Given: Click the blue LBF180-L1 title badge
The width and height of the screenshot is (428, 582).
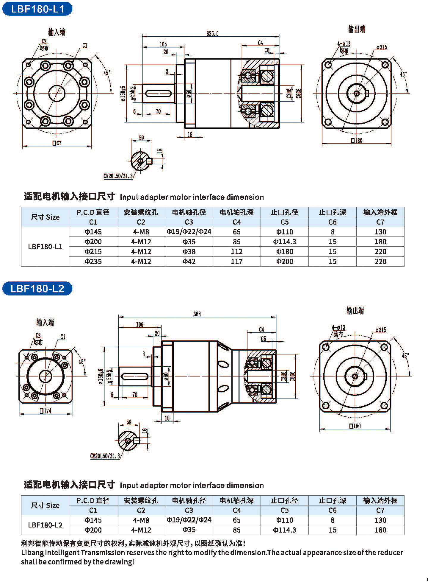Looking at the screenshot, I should tap(37, 9).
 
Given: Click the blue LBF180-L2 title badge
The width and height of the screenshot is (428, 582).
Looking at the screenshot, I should tap(37, 288).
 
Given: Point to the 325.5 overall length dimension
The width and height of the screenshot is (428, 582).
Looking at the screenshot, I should tap(212, 33).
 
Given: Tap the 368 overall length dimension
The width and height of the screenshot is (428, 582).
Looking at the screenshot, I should tap(197, 314).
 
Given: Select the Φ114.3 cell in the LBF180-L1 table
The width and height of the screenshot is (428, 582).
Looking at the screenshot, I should tap(284, 242).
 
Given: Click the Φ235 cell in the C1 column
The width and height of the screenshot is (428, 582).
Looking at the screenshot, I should tap(93, 261).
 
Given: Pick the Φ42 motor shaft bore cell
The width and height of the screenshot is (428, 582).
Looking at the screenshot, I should tap(189, 261).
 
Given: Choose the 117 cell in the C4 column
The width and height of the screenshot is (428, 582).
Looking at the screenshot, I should tap(237, 261).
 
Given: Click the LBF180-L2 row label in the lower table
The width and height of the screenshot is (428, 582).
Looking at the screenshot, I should tap(45, 525).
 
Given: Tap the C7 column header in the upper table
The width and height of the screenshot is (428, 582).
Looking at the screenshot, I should tap(380, 222).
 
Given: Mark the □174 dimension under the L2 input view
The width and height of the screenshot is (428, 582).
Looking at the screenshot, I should tap(46, 411).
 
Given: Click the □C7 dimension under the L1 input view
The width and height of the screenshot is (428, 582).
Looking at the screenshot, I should tap(57, 143).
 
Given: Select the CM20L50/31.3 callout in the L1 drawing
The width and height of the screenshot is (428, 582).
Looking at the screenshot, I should tap(118, 176).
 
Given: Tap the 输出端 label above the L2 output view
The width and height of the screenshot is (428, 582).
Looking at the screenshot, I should tap(355, 311).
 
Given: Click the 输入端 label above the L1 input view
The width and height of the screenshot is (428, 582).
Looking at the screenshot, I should tap(57, 32).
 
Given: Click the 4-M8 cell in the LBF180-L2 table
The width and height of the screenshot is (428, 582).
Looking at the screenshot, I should tap(141, 520).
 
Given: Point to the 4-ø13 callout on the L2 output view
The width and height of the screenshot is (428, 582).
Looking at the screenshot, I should tap(338, 327).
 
